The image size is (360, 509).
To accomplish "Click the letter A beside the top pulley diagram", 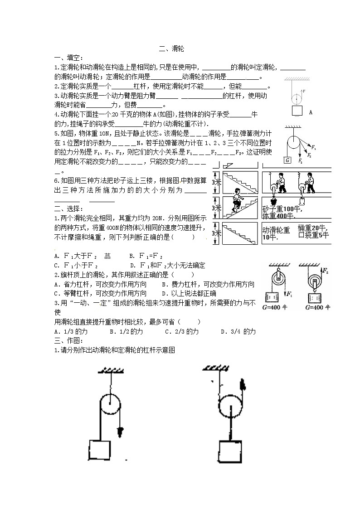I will click(310, 111).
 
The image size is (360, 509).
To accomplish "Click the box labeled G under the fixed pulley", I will click(287, 160).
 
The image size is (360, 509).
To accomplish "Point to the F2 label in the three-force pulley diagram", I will click(309, 155).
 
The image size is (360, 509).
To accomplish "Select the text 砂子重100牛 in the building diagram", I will click(281, 208).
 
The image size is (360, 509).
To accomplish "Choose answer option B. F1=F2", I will click(146, 256).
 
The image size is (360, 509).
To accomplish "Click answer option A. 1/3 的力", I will click(70, 332).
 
